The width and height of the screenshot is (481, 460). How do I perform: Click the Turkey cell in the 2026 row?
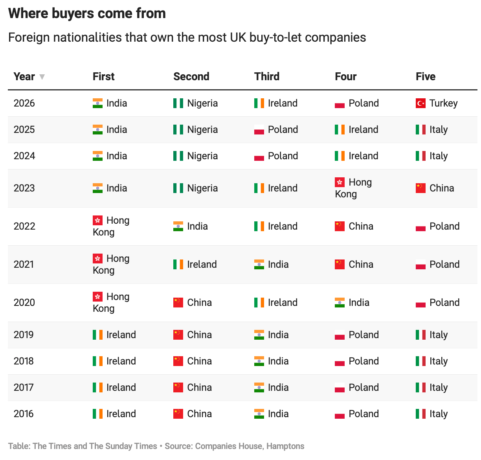tap(436, 103)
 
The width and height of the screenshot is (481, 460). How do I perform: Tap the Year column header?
tap(24, 76)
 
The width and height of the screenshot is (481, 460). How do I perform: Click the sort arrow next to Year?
tap(42, 77)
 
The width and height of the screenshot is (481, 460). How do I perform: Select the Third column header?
tap(267, 76)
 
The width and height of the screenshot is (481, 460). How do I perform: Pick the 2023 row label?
tap(24, 188)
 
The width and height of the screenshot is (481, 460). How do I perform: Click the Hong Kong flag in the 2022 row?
tap(97, 220)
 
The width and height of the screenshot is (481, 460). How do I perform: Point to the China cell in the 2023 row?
tap(435, 188)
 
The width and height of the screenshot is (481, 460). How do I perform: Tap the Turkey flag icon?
tap(420, 103)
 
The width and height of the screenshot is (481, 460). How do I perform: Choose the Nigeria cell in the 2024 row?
tap(195, 156)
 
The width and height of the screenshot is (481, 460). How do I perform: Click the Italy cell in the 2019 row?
tap(431, 335)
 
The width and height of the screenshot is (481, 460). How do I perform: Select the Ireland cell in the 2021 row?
tap(195, 264)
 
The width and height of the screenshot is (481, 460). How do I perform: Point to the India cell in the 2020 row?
tap(352, 302)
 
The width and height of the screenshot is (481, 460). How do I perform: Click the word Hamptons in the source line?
tap(285, 446)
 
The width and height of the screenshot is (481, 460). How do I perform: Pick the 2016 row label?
tap(24, 414)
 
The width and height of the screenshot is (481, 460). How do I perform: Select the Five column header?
tap(425, 76)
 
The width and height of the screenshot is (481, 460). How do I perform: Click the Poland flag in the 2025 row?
tap(259, 130)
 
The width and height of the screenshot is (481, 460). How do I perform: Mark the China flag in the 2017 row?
tap(178, 387)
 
